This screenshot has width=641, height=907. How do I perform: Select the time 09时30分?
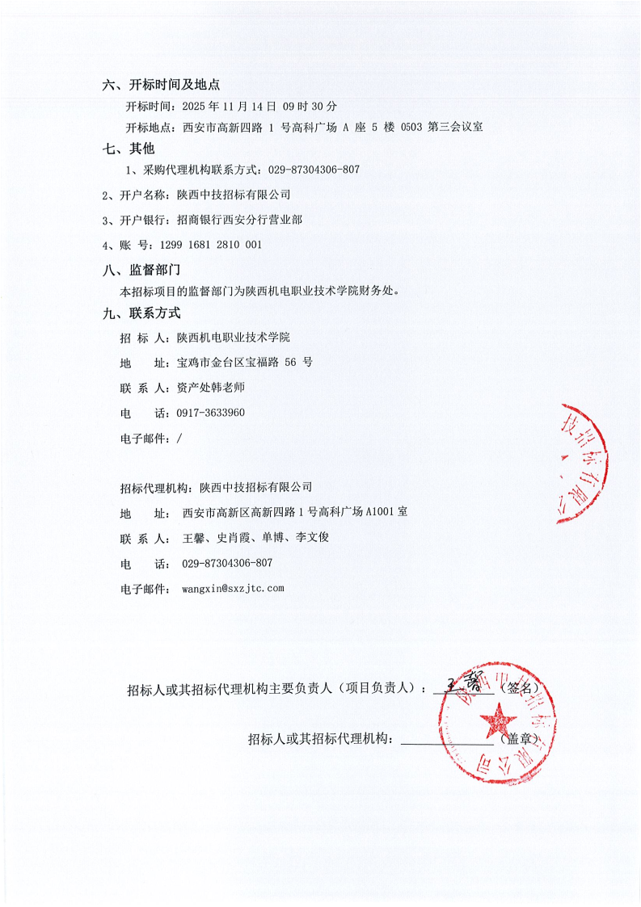coord(310,106)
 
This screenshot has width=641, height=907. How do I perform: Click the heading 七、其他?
coord(129,149)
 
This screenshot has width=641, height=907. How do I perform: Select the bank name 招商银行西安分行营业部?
coord(234,220)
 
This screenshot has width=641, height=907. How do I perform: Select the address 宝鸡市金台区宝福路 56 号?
coord(243,363)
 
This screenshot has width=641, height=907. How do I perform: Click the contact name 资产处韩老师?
coord(210,388)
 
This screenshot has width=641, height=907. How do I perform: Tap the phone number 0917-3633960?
coord(210,413)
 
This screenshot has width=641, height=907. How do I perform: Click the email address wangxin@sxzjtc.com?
coord(233,588)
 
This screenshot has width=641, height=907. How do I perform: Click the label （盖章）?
coord(519,738)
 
